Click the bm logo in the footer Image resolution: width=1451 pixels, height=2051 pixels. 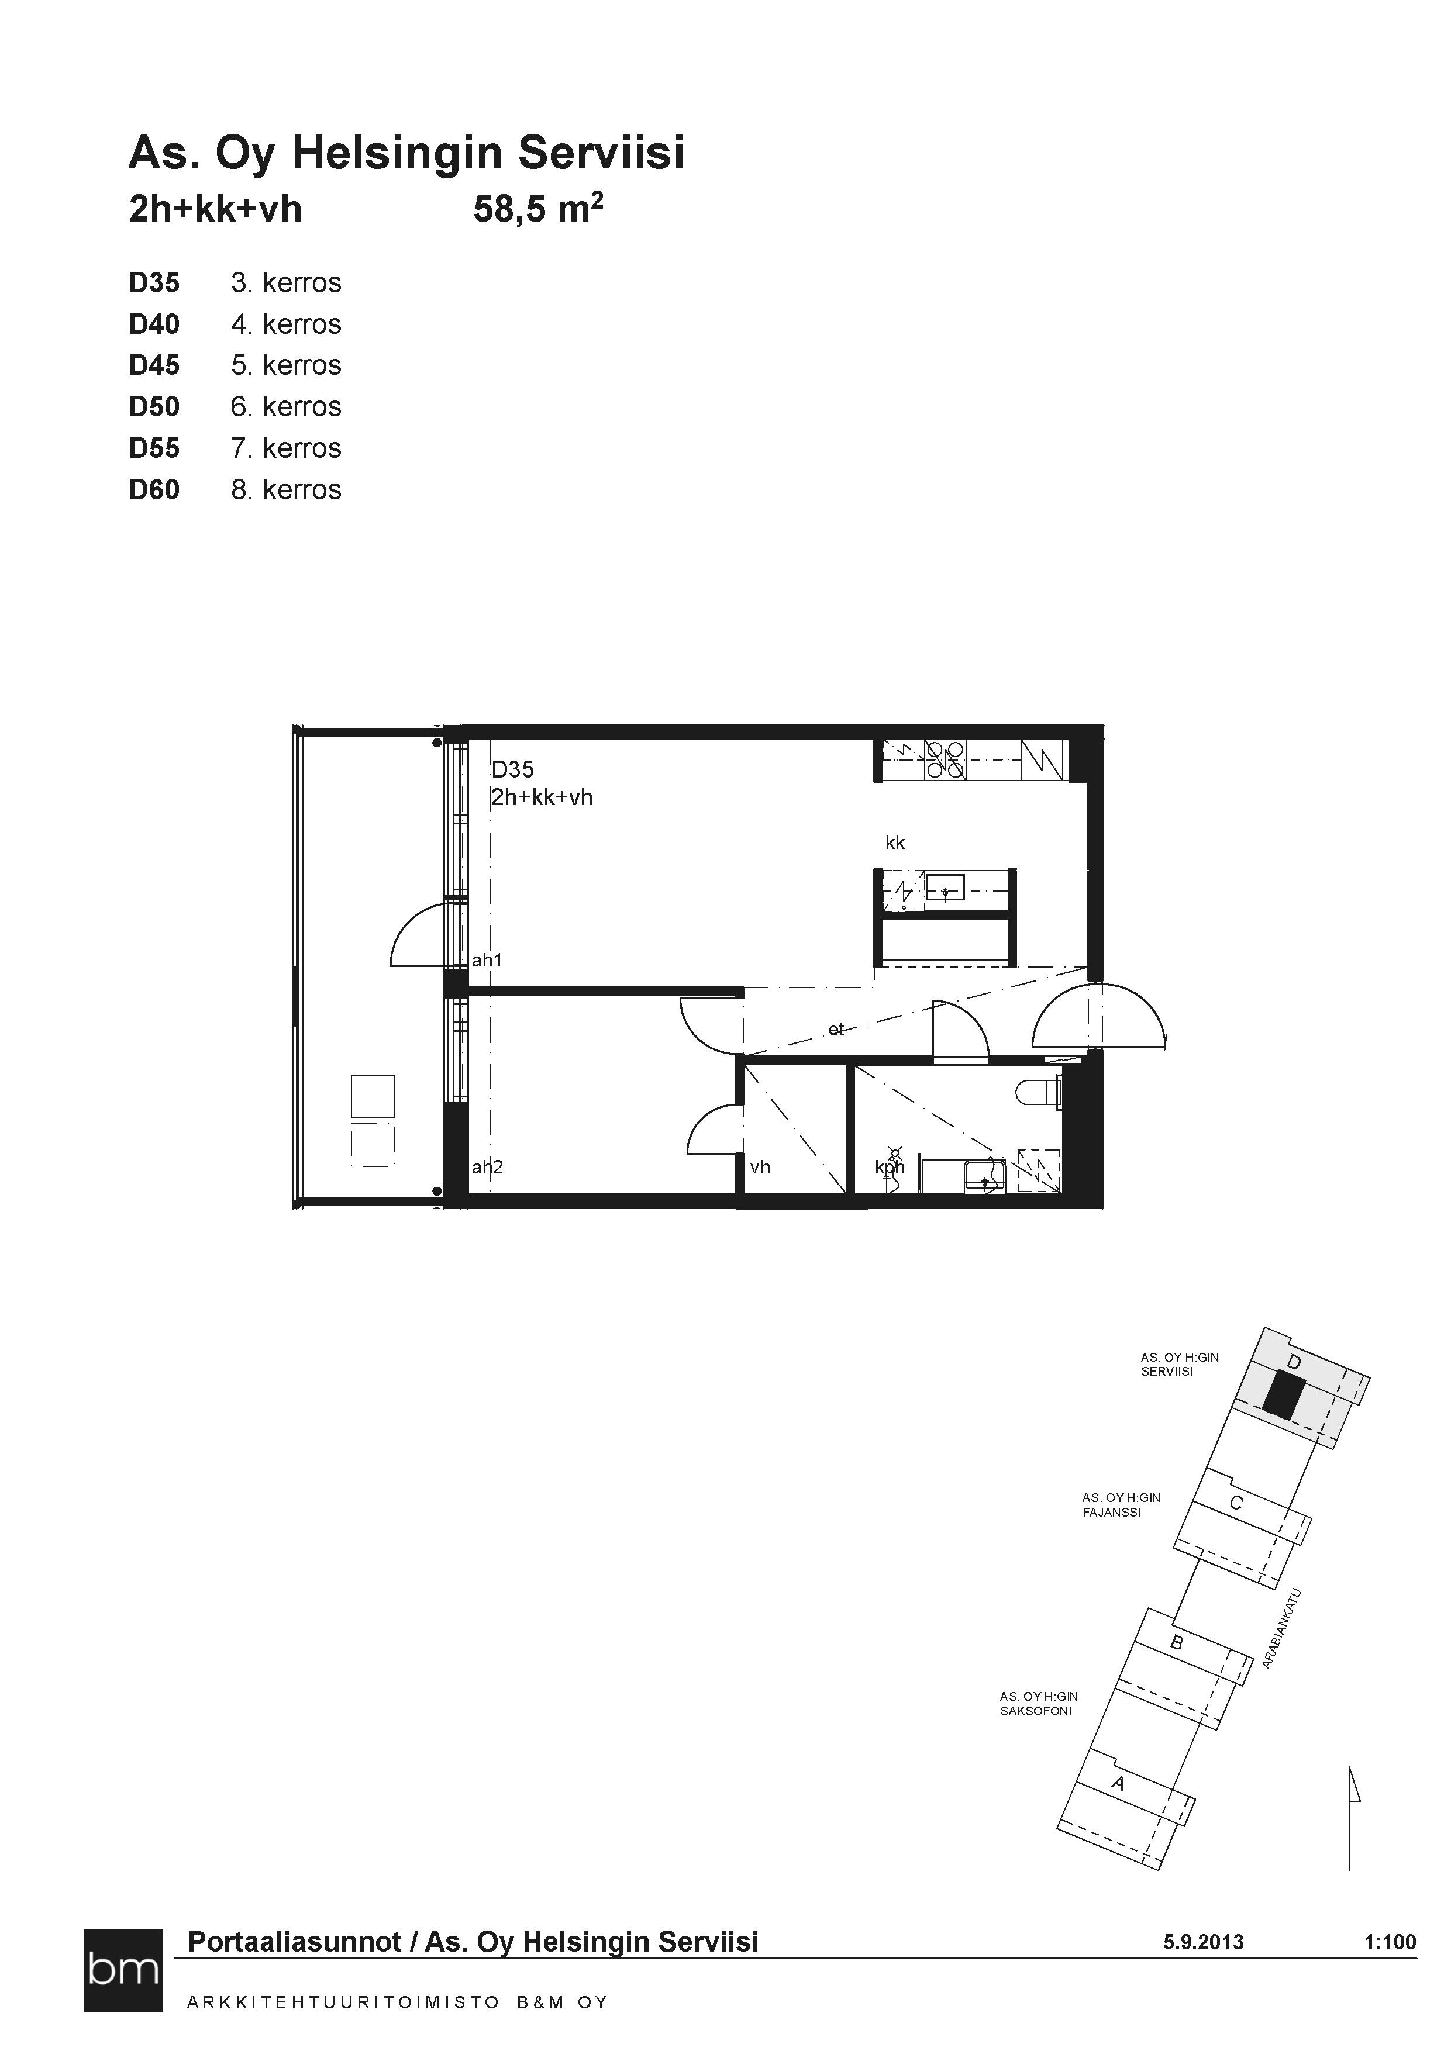point(124,1970)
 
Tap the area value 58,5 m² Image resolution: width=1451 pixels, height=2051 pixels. point(538,209)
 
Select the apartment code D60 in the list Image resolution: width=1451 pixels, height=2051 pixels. point(154,489)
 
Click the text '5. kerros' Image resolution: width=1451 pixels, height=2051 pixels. point(286,365)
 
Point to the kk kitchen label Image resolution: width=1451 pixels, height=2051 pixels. point(895,843)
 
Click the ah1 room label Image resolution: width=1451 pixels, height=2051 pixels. point(487,960)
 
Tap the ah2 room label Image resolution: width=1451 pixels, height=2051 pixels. point(487,1166)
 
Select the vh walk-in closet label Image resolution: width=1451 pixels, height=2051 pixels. point(760,1166)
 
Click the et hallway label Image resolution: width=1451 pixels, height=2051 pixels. point(836,1029)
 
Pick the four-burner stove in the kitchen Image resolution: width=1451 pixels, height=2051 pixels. point(945,759)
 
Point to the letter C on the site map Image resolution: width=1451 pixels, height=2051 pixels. point(1236,1503)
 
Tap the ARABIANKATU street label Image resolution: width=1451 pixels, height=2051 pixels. point(1281,1628)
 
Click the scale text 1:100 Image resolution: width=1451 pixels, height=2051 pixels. point(1390,1941)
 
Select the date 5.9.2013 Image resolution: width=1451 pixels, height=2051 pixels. point(1204,1941)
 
